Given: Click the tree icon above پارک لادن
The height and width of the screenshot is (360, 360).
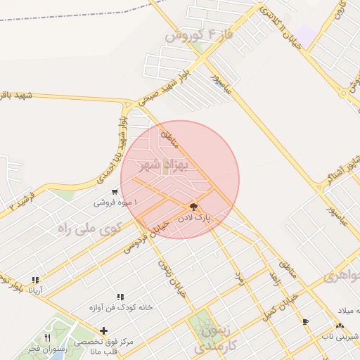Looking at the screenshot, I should click(193, 207).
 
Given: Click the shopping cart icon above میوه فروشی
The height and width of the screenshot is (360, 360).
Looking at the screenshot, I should click(115, 192).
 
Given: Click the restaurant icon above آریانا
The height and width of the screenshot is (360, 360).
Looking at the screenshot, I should click(35, 280).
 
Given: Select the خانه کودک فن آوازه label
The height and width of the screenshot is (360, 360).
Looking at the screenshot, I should click(121, 307).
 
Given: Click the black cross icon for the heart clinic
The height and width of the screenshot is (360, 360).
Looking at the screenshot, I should click(104, 330).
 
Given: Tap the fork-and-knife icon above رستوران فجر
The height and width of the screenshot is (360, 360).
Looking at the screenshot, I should click(47, 337).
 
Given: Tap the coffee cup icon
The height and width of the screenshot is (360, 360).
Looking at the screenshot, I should click(305, 322).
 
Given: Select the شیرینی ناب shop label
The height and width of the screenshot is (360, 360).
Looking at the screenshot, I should click(340, 337).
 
